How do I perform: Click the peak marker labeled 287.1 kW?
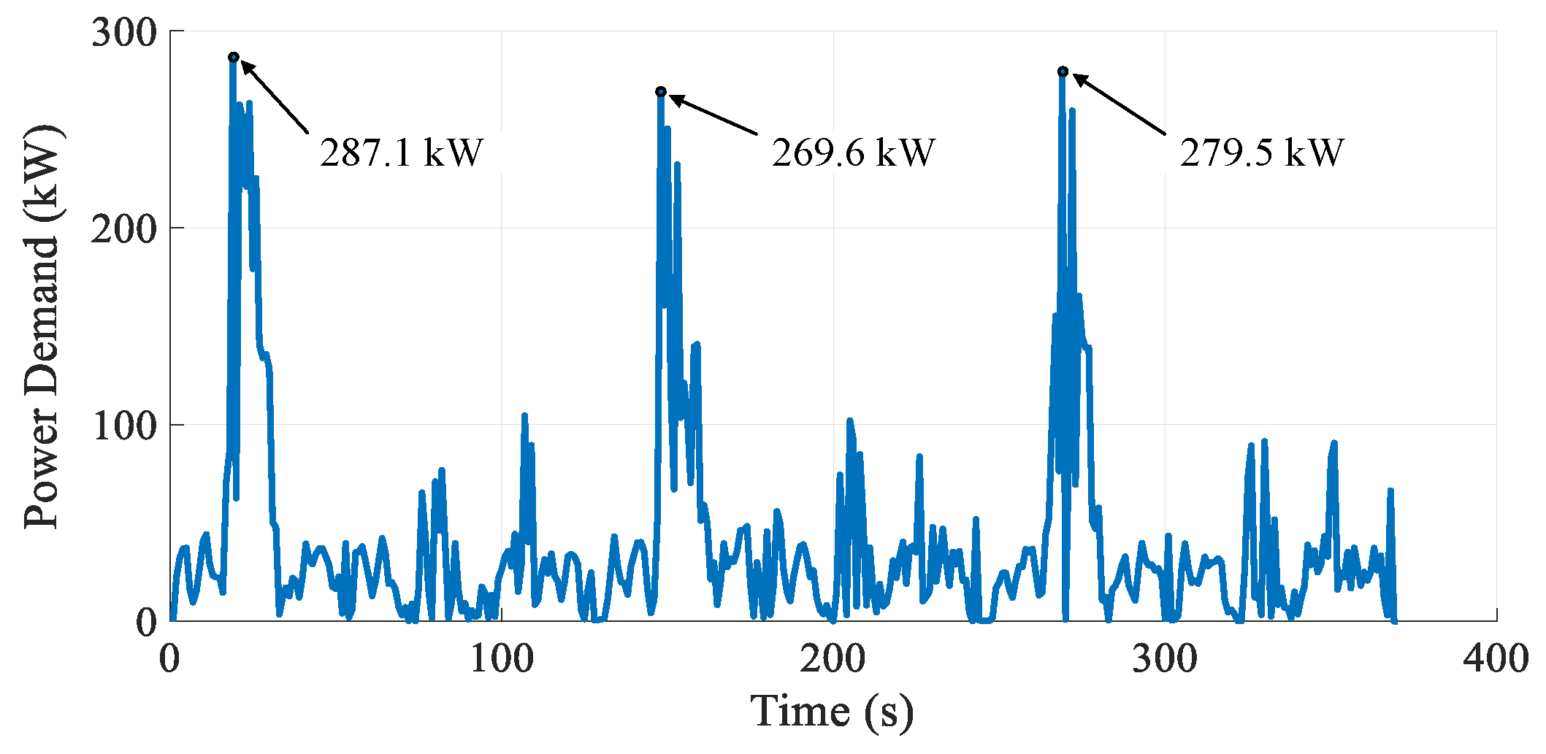(x=234, y=57)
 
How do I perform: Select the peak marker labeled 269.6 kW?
(x=661, y=91)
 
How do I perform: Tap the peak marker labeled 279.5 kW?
(x=1063, y=71)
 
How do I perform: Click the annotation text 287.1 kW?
(x=402, y=153)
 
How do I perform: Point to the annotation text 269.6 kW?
(x=853, y=153)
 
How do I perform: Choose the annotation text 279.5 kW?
(x=1261, y=153)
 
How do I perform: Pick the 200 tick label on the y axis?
(x=124, y=229)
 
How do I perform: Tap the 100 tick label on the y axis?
(x=124, y=426)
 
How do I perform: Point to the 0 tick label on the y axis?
(x=147, y=622)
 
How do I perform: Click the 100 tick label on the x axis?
(x=501, y=658)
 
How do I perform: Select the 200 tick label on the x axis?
(x=833, y=658)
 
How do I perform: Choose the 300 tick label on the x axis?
(x=1165, y=658)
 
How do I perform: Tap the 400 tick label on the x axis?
(x=1496, y=658)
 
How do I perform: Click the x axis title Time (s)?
(x=832, y=712)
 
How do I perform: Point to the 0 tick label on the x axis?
(x=169, y=658)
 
